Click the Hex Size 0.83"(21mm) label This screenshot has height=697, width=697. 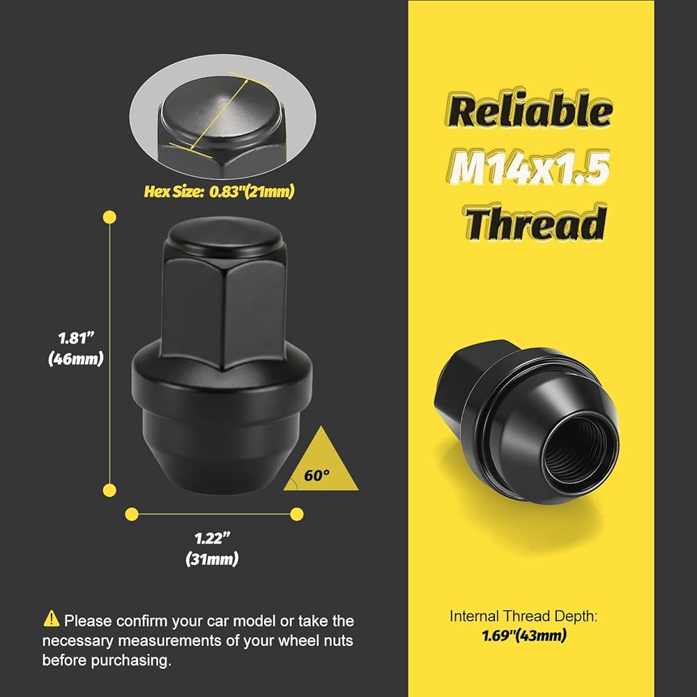coord(219,192)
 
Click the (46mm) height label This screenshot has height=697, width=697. coord(76,358)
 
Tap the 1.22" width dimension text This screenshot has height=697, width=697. coord(213,538)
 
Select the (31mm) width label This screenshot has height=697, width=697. coord(212,559)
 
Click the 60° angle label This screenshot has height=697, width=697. coord(317,475)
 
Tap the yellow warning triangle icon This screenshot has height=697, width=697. coord(52,618)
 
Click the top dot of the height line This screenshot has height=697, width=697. coord(109,217)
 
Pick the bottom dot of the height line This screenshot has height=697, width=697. coord(109,490)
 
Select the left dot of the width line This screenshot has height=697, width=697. coord(132,514)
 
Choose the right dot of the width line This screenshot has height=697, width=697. coord(297,514)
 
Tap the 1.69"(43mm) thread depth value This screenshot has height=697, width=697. coord(525,636)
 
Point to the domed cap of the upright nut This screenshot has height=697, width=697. coord(224,236)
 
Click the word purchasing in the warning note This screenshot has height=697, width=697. coord(131,661)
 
